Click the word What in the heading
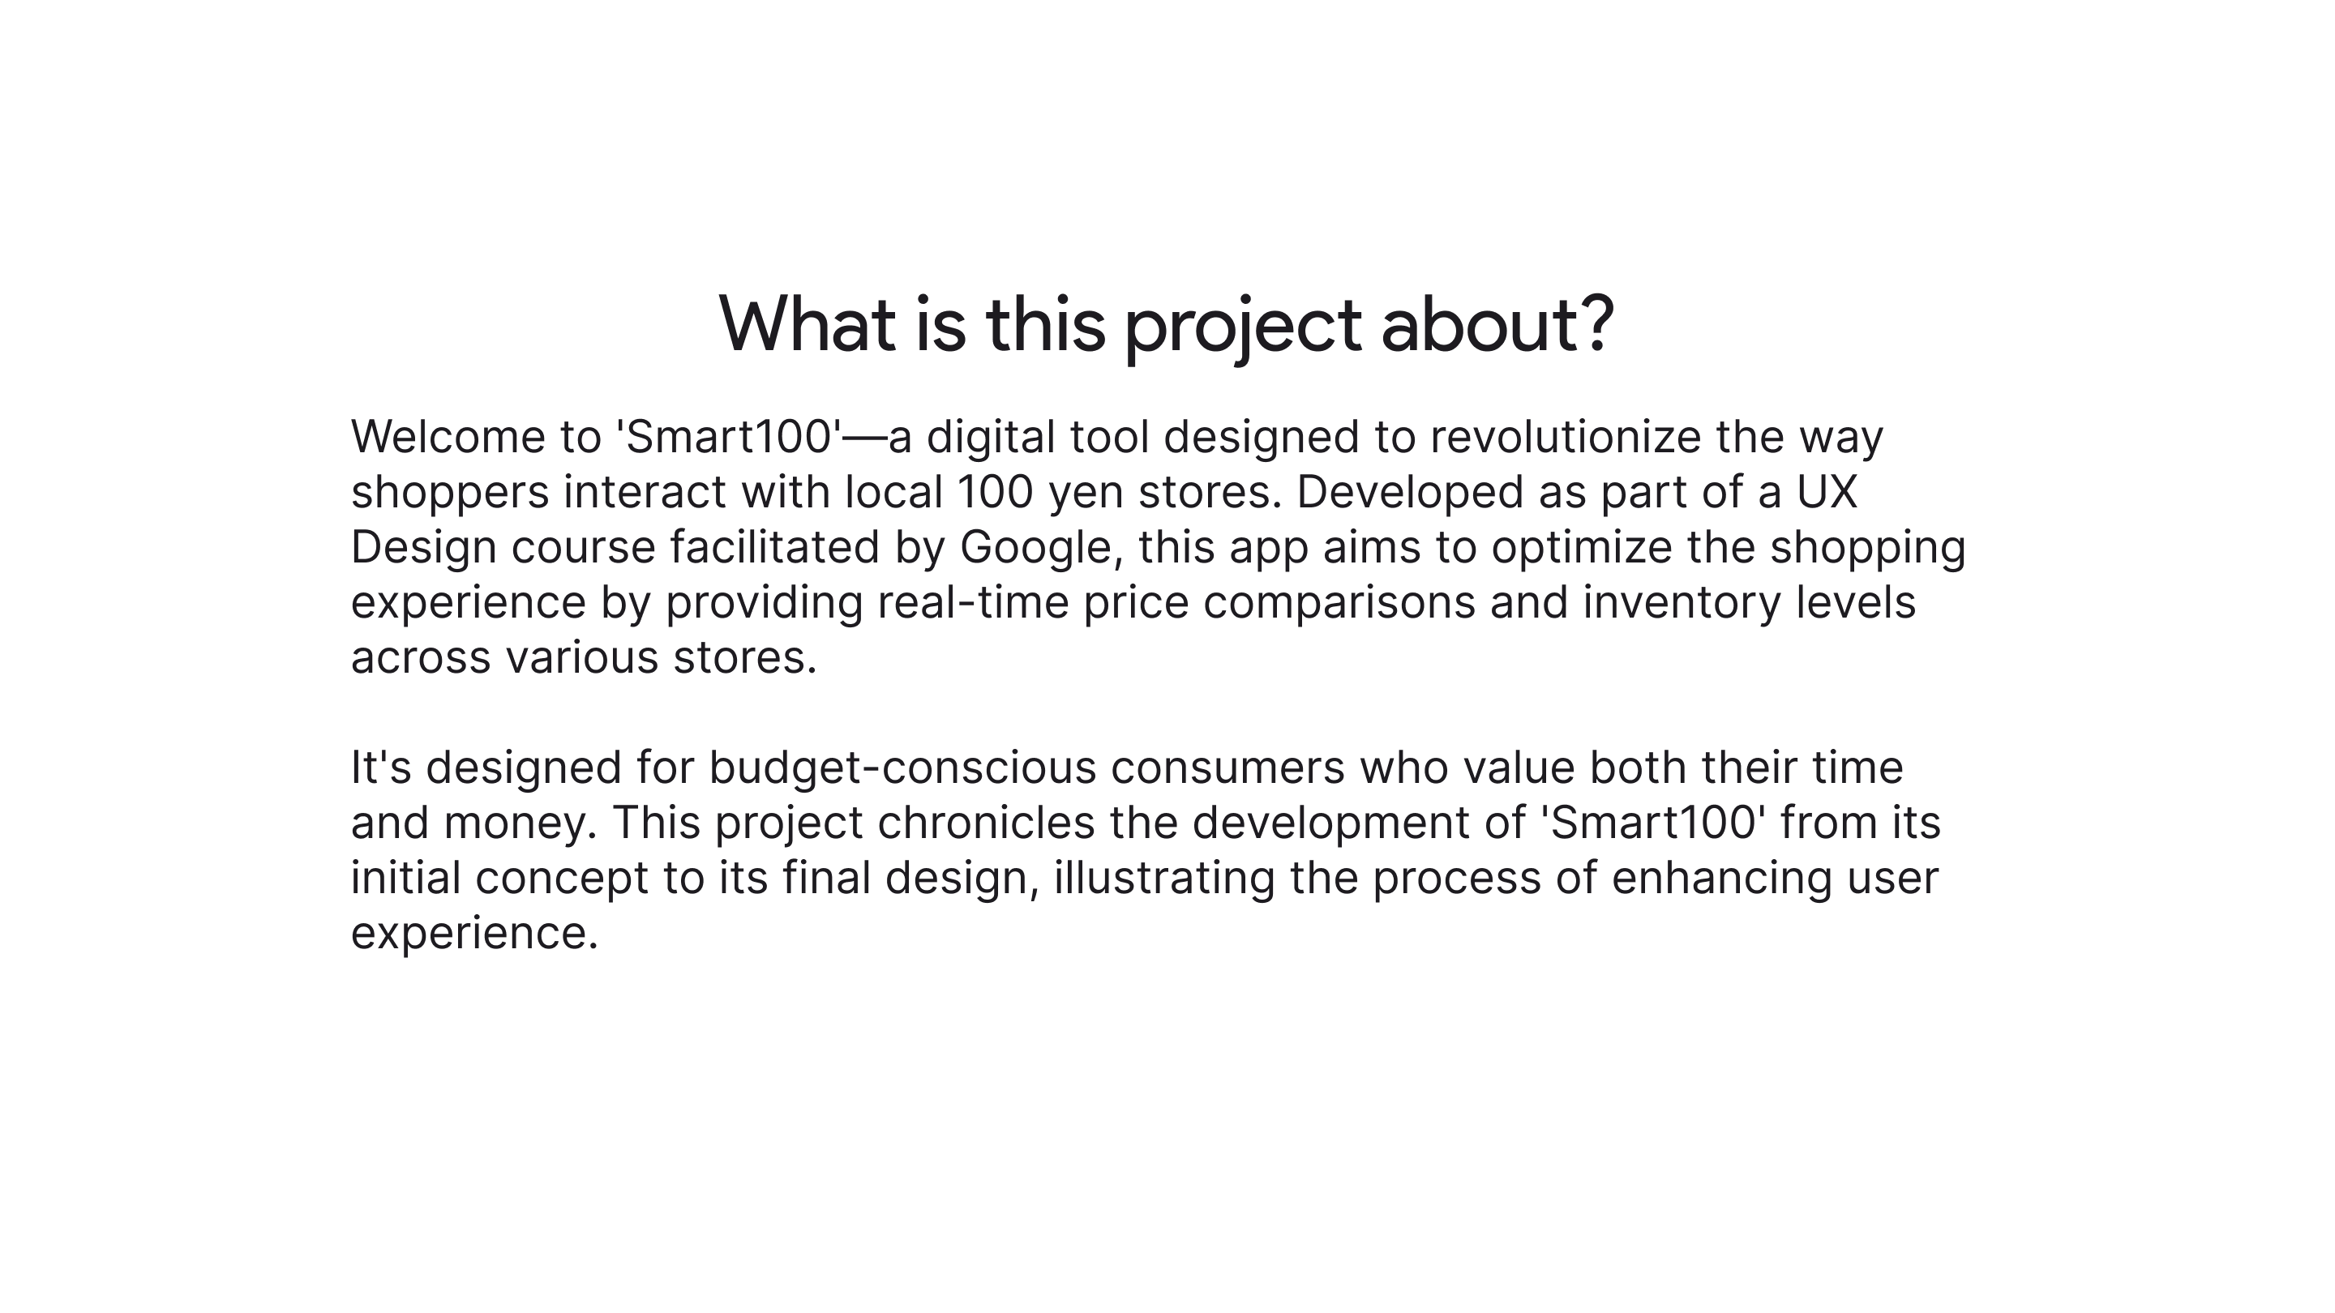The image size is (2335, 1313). [x=807, y=324]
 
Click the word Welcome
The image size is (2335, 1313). [x=448, y=437]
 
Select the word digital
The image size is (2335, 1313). [x=991, y=437]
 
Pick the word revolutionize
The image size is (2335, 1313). [x=1566, y=437]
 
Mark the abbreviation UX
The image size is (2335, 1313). [x=1827, y=492]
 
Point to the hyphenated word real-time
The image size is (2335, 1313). [x=973, y=602]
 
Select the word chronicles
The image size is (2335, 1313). [x=986, y=823]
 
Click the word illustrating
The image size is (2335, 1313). [x=1164, y=879]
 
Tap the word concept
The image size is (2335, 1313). [x=562, y=879]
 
